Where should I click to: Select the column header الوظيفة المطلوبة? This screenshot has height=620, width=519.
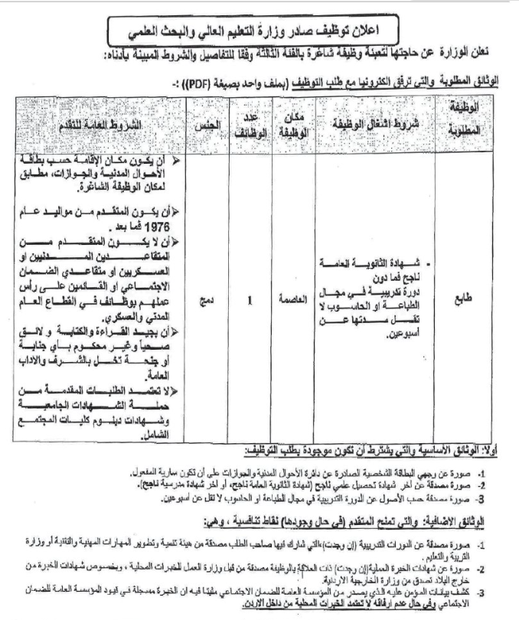[x=468, y=121]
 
